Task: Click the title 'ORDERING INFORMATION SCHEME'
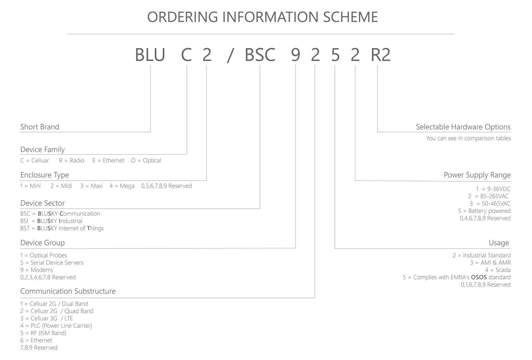pos(262,17)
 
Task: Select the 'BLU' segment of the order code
pos(150,55)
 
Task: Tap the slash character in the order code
pos(230,55)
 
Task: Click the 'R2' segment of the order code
pos(381,55)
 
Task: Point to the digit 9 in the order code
pos(296,55)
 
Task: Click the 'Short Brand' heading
pos(40,127)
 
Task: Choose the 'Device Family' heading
pos(42,150)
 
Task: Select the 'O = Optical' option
pos(146,161)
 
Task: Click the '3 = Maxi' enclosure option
pos(91,186)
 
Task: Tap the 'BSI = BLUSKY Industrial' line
pos(51,221)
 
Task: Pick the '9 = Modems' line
pos(37,270)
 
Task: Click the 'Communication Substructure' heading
pos(68,291)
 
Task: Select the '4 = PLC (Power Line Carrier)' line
pos(56,326)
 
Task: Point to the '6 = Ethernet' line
pos(36,340)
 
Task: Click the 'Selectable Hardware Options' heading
pos(463,127)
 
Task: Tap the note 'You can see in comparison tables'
pos(468,138)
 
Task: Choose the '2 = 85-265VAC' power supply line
pos(489,196)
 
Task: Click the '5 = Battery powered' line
pos(484,211)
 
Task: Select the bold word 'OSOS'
pos(479,277)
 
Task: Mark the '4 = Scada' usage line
pos(498,270)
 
